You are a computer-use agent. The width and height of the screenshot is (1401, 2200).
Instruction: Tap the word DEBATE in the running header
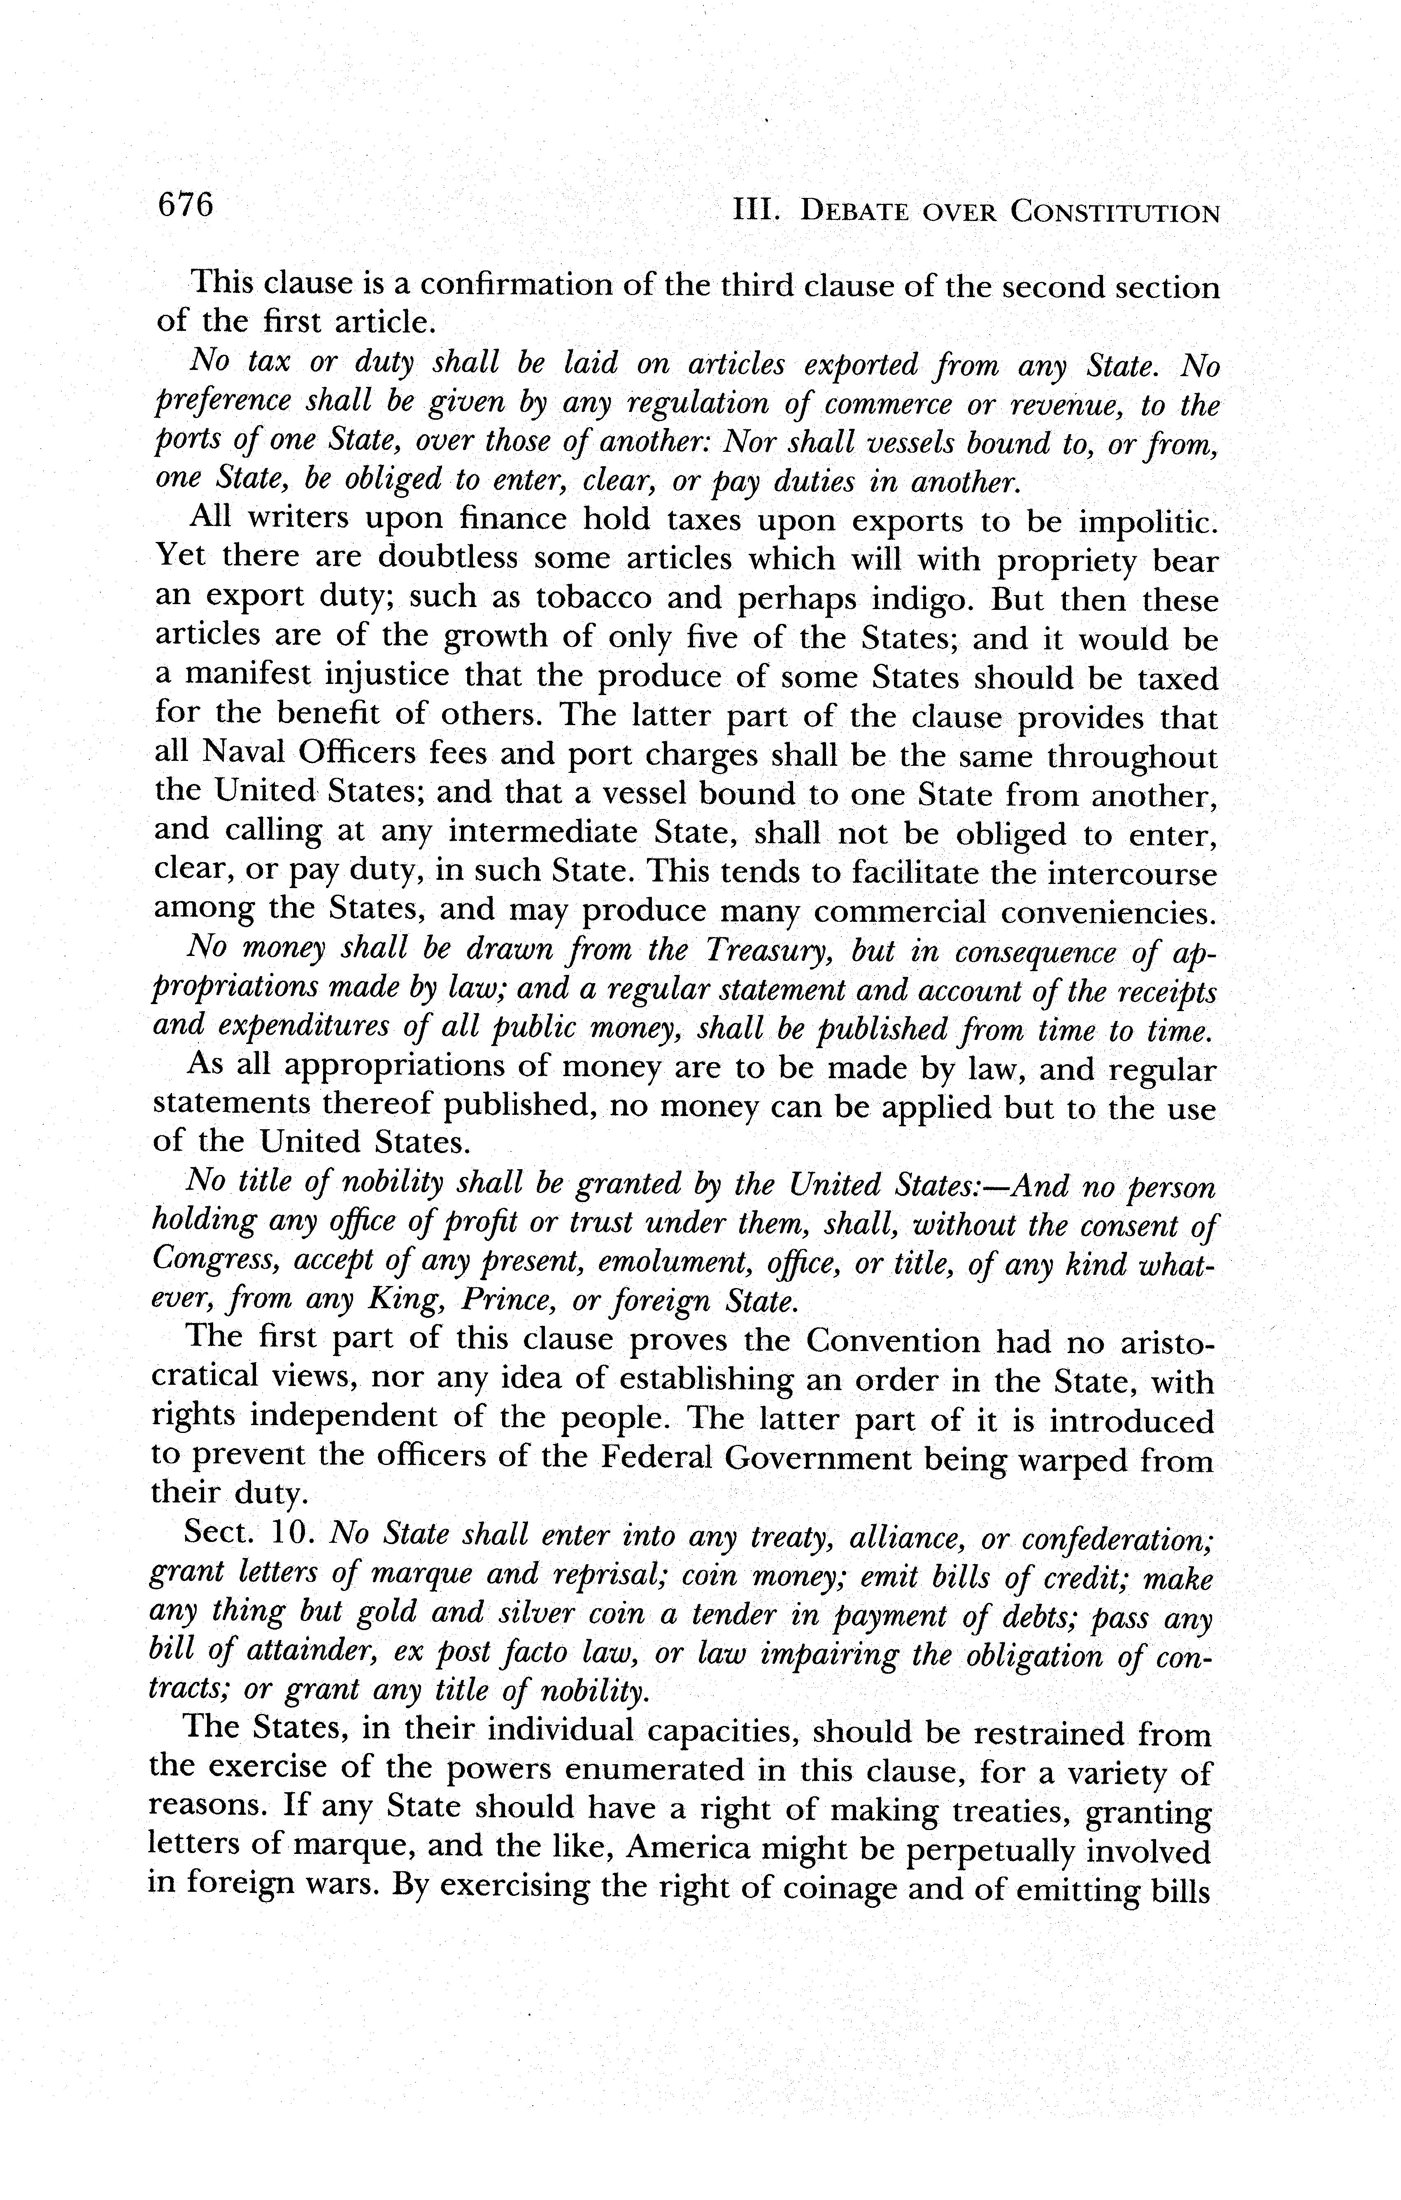point(855,213)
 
